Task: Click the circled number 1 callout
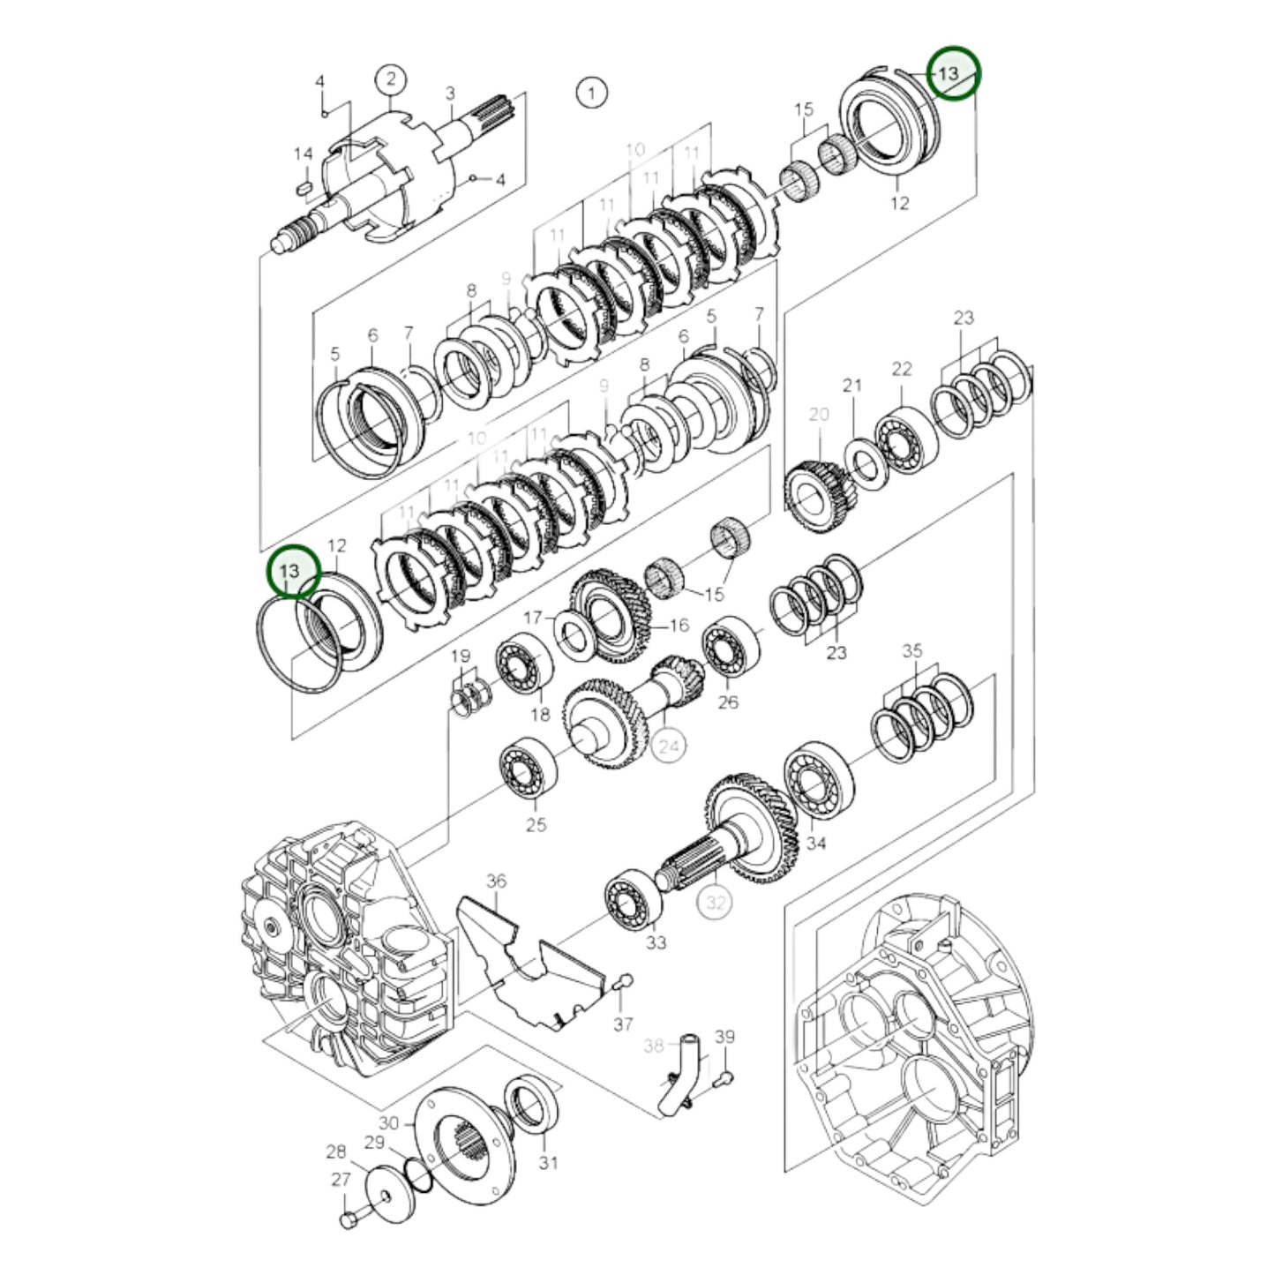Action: tap(592, 92)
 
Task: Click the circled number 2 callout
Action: tap(391, 80)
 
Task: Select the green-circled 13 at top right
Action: tap(947, 73)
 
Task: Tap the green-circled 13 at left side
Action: tap(290, 571)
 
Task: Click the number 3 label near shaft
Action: tap(450, 94)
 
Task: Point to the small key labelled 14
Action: tap(301, 187)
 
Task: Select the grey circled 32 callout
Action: tap(715, 903)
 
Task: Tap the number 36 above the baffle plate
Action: tap(496, 881)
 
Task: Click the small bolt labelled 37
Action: tap(624, 981)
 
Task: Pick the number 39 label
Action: tap(724, 1037)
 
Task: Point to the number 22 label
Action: tap(901, 369)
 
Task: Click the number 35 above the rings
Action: tap(911, 650)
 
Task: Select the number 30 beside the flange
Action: tap(388, 1123)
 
